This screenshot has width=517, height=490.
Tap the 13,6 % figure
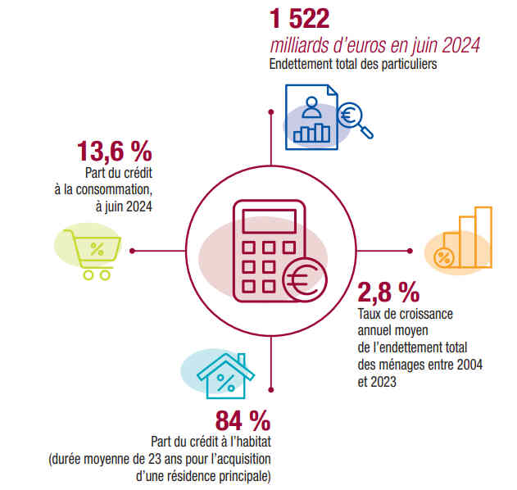[114, 152]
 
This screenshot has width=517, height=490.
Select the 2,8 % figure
[389, 291]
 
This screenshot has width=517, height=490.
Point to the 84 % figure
[243, 421]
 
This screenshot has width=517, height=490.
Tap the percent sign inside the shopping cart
[97, 249]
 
